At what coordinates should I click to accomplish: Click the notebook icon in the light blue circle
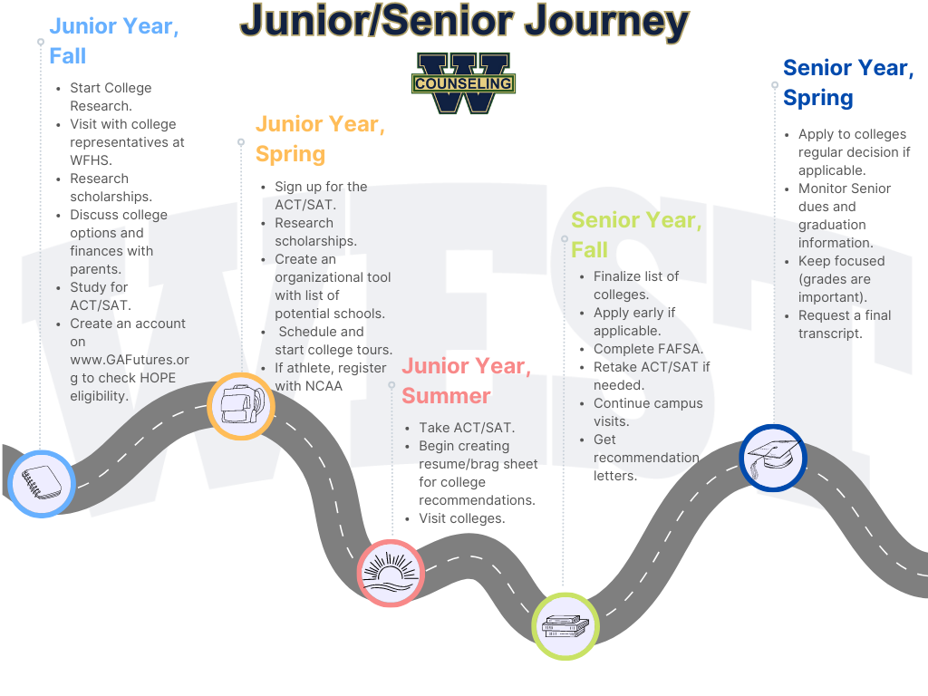tap(42, 483)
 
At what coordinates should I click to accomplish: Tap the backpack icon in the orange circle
tap(242, 405)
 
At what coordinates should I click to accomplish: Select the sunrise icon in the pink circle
tap(391, 573)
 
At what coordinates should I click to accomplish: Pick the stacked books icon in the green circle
tap(565, 626)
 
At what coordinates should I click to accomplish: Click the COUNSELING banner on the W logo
tap(463, 83)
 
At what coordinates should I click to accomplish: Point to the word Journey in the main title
tap(606, 22)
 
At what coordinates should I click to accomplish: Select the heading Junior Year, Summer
tap(467, 381)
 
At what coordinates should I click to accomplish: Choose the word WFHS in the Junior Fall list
tap(91, 160)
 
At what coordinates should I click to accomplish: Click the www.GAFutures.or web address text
tap(130, 360)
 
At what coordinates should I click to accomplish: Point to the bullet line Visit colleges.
tap(461, 518)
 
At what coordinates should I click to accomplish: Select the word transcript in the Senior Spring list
tap(830, 333)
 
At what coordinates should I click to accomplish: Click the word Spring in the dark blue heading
tap(818, 98)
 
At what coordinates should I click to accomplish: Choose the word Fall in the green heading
tap(589, 250)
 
